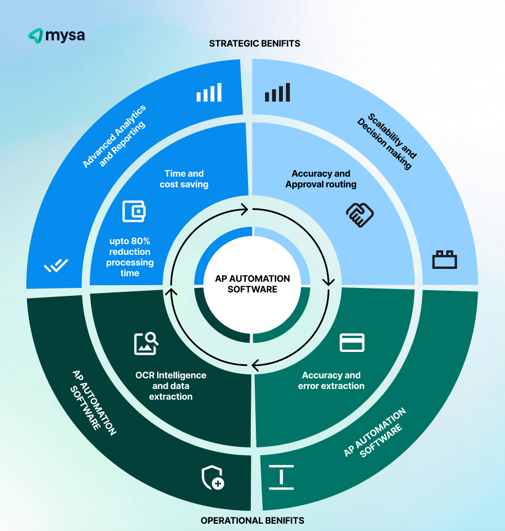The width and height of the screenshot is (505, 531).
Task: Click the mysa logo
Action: pos(56,36)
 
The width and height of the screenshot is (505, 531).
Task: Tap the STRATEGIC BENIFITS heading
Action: pos(254,43)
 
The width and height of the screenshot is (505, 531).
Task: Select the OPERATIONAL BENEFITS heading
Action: pos(252,520)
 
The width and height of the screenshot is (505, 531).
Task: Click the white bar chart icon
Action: pos(209,93)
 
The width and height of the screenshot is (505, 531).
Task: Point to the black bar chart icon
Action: pos(277,93)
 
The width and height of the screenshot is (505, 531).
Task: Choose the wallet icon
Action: pos(134,212)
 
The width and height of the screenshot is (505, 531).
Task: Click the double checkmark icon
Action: pos(56,265)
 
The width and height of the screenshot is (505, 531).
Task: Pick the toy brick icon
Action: pos(444,260)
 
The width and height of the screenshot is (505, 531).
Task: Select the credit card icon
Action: pos(352,342)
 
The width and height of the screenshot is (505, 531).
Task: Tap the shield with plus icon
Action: pos(213,478)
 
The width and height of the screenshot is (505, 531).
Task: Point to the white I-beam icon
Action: pos(281,477)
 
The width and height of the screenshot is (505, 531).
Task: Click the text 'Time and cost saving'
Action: pos(183,179)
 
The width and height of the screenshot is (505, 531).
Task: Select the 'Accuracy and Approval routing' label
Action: pos(321,179)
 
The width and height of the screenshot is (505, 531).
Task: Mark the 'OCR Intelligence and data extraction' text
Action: pos(171,386)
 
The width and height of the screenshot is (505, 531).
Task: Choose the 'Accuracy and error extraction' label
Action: pos(331,381)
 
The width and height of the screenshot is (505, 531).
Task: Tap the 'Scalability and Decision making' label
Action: pos(387,141)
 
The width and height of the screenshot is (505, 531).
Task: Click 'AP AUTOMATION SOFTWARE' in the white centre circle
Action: pos(252,284)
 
